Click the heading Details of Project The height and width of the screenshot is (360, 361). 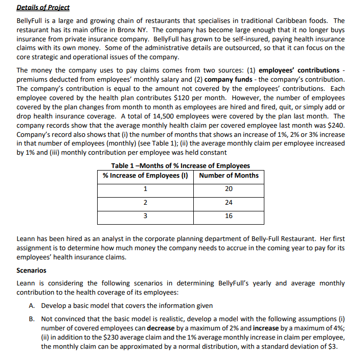pyautogui.click(x=43, y=8)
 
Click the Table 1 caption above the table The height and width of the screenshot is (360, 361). pyautogui.click(x=180, y=165)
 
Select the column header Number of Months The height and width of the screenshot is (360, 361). pyautogui.click(x=229, y=175)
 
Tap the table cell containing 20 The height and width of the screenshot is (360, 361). pyautogui.click(x=229, y=189)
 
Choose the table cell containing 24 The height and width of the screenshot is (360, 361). pyautogui.click(x=229, y=202)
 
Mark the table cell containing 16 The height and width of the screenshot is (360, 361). pyautogui.click(x=229, y=215)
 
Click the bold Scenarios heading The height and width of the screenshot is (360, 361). pyautogui.click(x=31, y=270)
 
